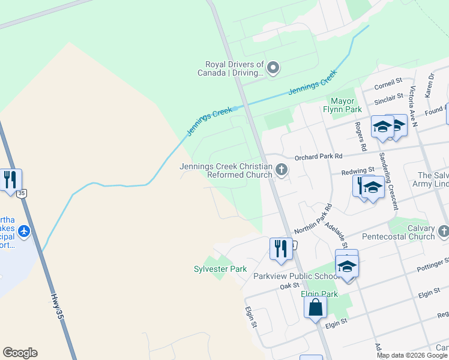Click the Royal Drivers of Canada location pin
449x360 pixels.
[273, 67]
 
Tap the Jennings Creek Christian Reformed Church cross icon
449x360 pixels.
[282, 171]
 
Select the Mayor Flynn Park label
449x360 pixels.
[346, 105]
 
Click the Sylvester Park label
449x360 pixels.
[220, 269]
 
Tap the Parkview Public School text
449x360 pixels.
[289, 276]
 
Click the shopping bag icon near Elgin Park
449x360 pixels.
[315, 308]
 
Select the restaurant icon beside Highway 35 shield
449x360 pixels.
[10, 179]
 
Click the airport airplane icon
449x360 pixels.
[23, 231]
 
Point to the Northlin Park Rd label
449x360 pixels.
[313, 224]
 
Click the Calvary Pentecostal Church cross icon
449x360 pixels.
[443, 231]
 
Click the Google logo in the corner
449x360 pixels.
[20, 353]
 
